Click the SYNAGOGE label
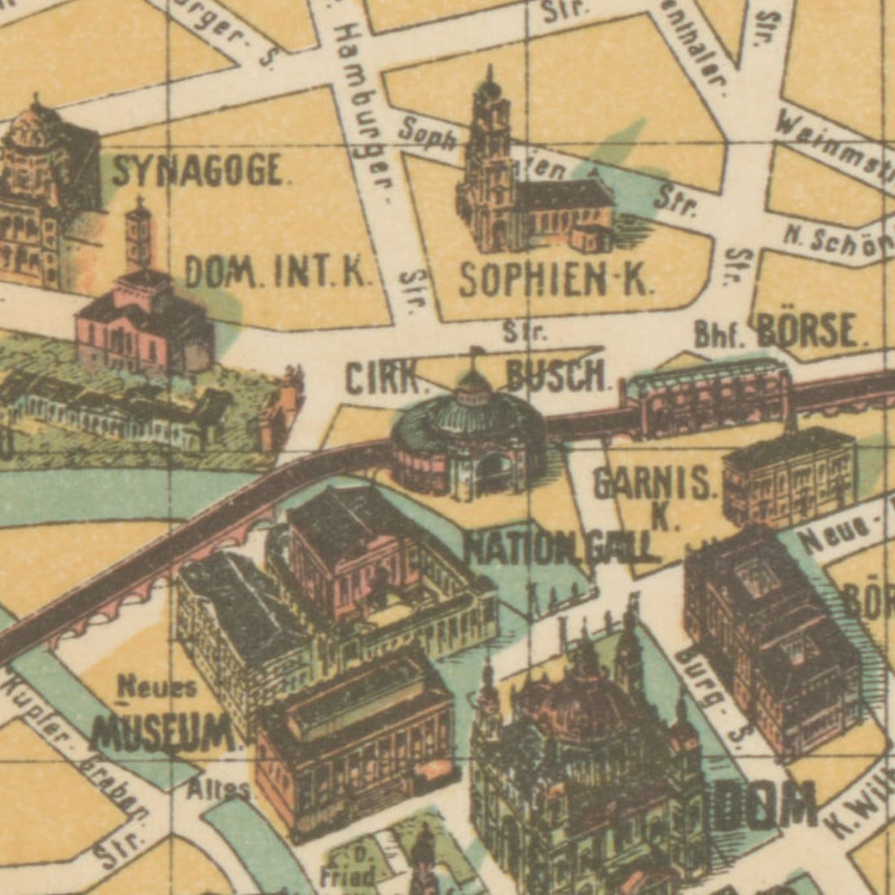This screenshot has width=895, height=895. coord(199,170)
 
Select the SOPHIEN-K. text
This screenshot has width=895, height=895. coord(555,281)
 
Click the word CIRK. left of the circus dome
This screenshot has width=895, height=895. coord(386,378)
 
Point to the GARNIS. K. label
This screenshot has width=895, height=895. coord(655,496)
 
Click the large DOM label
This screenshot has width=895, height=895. coord(769,805)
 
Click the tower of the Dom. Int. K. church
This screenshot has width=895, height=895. coord(139,236)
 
